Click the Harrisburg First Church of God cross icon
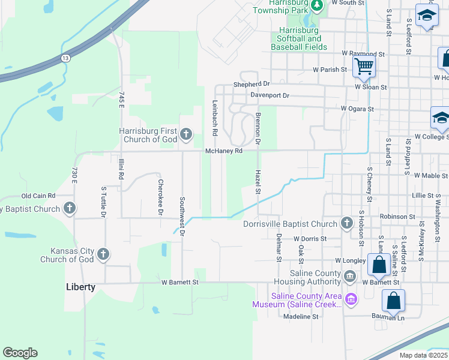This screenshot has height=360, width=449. (186, 134)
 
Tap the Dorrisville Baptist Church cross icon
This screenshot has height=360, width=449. (346, 224)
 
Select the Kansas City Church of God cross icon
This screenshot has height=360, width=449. (103, 254)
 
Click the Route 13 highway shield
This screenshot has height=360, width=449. (65, 58)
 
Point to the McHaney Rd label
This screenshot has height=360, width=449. (224, 151)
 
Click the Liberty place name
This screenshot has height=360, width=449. (80, 287)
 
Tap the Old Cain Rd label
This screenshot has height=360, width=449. (38, 196)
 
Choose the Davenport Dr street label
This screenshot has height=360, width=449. (270, 95)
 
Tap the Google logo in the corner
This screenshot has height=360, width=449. (20, 353)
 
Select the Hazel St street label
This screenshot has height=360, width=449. (258, 182)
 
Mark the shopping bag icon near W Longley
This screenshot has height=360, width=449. (379, 263)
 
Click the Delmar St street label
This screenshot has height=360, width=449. (279, 248)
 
